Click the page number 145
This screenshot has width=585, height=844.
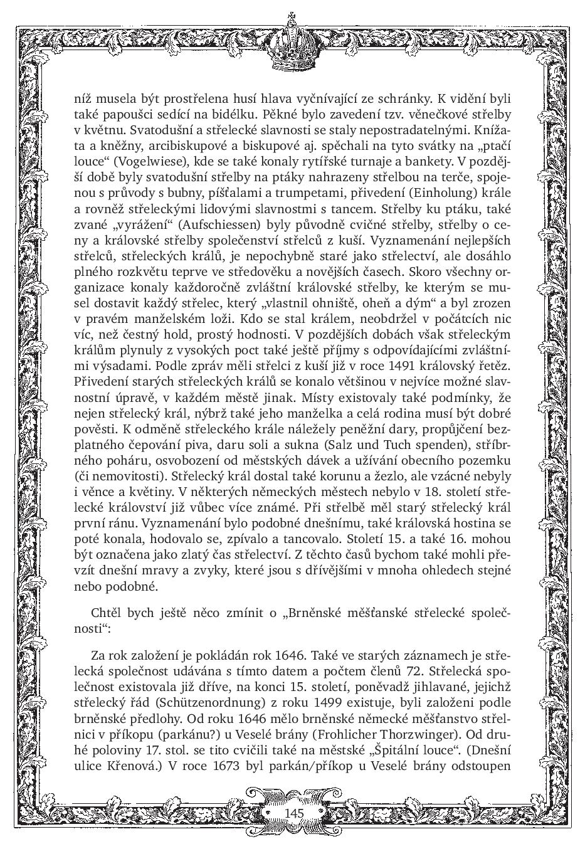click(x=293, y=813)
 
